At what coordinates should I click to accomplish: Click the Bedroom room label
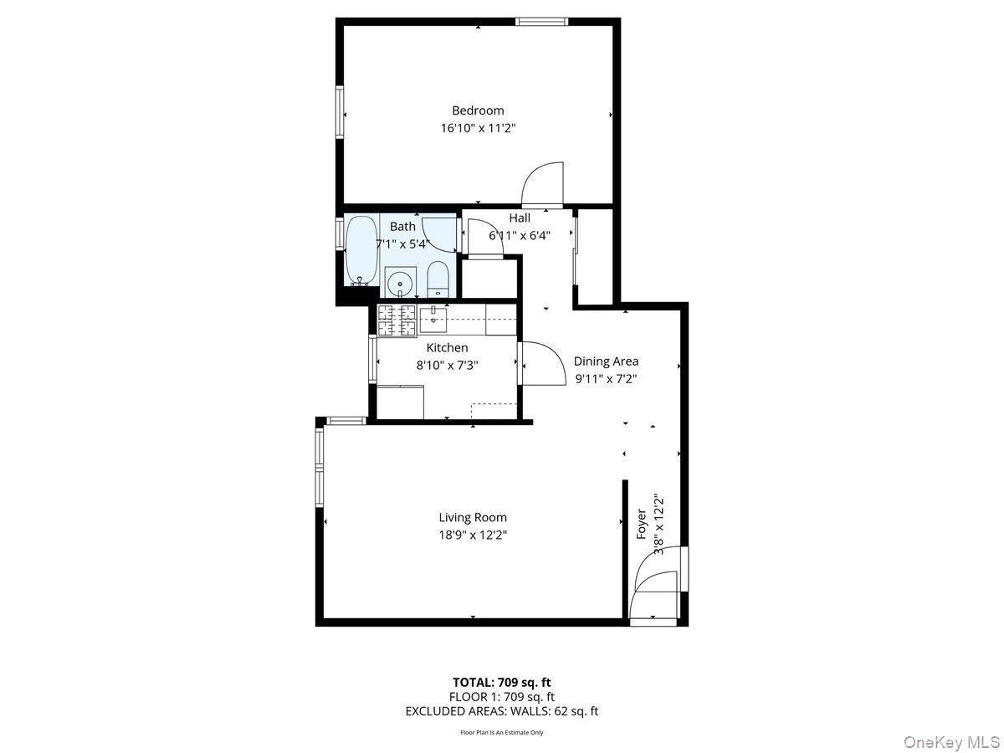point(478,110)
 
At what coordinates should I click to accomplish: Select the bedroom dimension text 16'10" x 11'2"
point(478,129)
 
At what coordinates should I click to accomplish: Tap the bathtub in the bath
point(361,249)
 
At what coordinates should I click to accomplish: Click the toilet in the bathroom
point(438,279)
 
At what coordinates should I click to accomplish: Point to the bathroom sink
point(401,284)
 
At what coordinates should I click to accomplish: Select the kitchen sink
point(434,315)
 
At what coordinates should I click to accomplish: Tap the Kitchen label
point(447,348)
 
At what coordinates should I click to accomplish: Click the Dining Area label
point(606,361)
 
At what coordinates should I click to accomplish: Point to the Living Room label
point(473,518)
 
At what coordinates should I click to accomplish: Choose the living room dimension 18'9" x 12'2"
point(473,535)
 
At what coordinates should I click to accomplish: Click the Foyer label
point(642,523)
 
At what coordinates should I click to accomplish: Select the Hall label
point(520,218)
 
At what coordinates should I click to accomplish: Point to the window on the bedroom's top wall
point(541,22)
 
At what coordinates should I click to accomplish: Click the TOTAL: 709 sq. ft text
point(501,682)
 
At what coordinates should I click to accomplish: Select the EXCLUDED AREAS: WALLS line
point(501,711)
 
